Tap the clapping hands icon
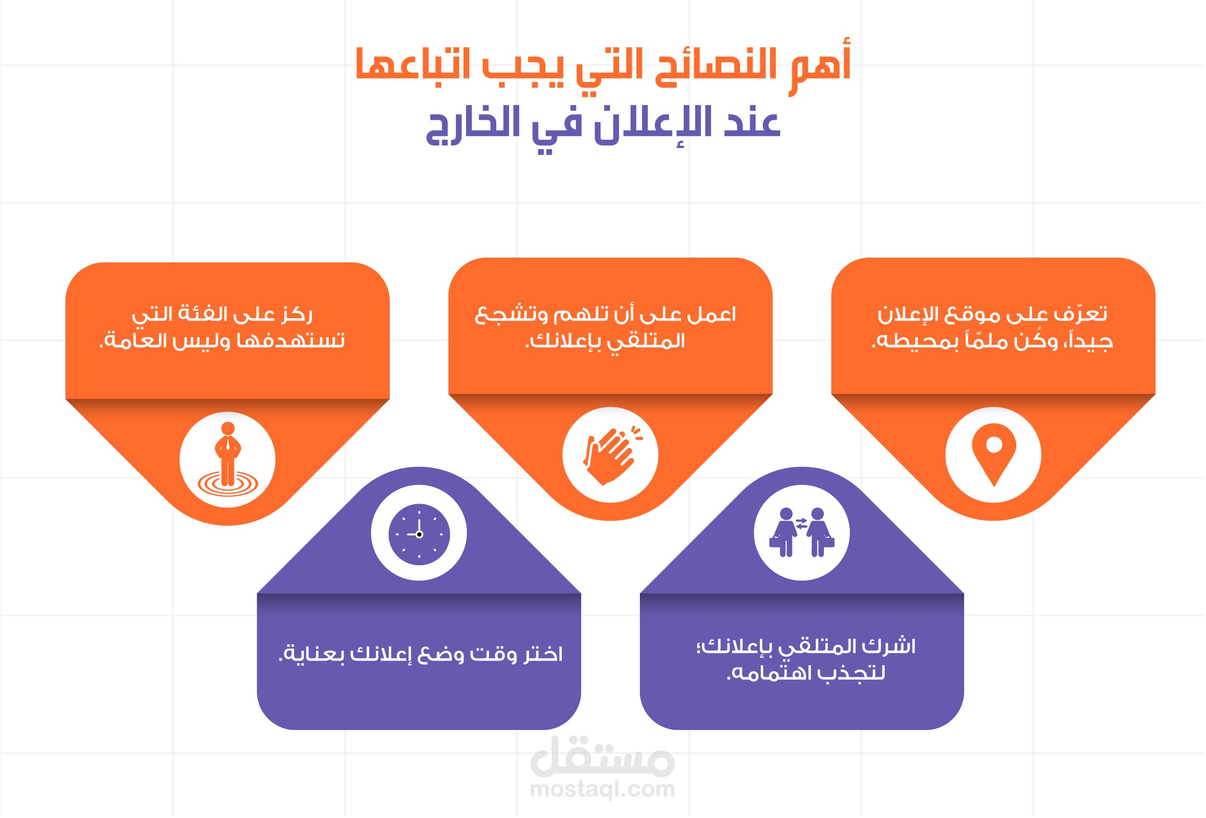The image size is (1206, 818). click(x=611, y=454)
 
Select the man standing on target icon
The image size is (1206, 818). click(x=227, y=460)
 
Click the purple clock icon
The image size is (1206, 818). click(x=419, y=534)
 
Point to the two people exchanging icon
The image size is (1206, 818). click(x=802, y=532)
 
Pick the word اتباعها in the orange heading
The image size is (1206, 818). click(x=412, y=65)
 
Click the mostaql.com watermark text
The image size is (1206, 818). click(x=602, y=789)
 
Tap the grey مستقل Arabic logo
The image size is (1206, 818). click(x=602, y=757)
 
